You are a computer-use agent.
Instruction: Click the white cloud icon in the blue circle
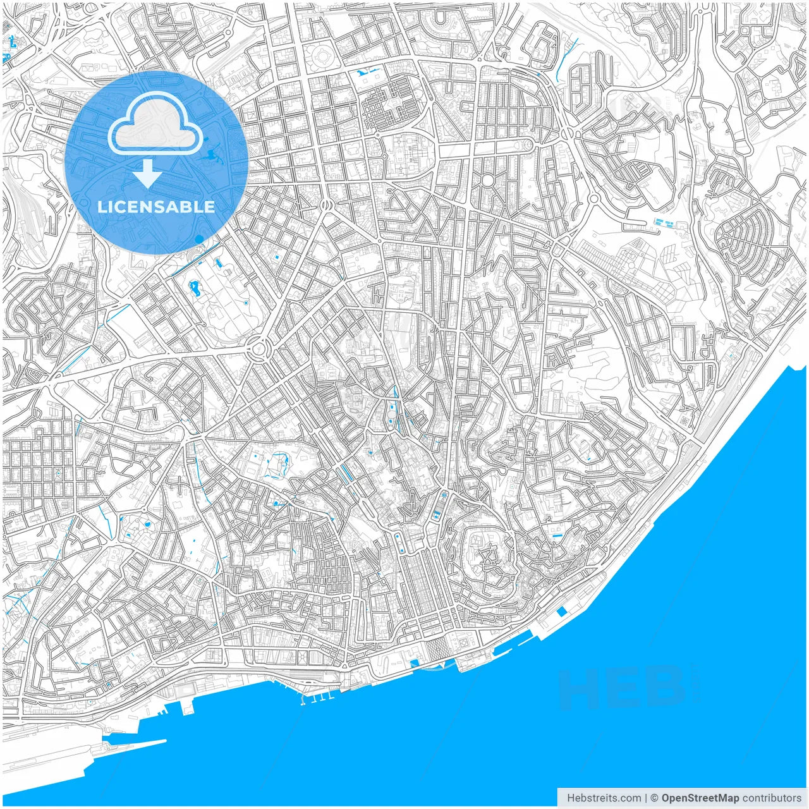click(155, 125)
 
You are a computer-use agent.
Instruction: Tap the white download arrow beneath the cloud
click(147, 173)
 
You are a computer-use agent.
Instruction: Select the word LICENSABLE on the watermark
click(155, 207)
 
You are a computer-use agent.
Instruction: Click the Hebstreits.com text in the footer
click(604, 798)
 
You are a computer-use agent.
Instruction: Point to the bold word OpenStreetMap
click(700, 798)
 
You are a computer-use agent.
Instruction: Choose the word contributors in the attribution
click(772, 798)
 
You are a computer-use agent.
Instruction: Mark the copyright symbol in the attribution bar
click(655, 798)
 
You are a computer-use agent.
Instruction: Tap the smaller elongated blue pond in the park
click(219, 261)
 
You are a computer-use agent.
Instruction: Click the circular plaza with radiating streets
click(487, 181)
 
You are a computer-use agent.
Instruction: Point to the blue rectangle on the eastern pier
click(561, 612)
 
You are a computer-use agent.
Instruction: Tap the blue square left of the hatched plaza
click(415, 663)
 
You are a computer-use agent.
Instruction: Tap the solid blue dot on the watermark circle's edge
click(200, 239)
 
